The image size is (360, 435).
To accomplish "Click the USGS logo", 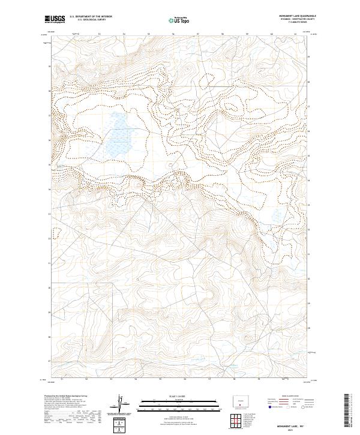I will tap(54, 19).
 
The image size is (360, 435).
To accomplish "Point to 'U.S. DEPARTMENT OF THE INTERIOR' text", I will tap(91, 17).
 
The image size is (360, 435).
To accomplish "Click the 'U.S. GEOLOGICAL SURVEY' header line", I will tap(91, 20).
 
